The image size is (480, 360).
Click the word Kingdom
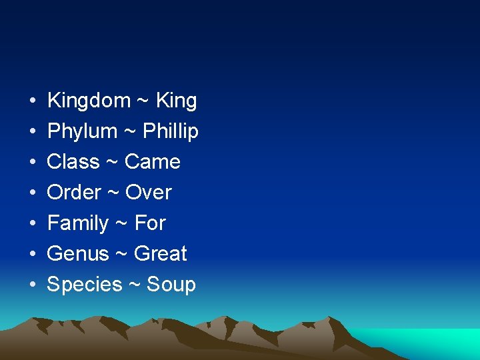click(89, 101)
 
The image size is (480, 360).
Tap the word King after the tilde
click(176, 101)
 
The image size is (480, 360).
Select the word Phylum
click(82, 131)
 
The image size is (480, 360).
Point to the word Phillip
click(170, 131)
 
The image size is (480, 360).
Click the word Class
click(73, 162)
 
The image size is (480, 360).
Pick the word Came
click(152, 162)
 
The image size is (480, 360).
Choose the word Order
click(74, 193)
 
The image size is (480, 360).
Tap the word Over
click(148, 193)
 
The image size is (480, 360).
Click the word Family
click(78, 223)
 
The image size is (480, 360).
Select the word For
click(150, 223)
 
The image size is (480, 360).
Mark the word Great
click(160, 254)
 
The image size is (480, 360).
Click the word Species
click(85, 285)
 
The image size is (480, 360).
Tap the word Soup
click(171, 285)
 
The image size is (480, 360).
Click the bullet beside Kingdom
click(33, 101)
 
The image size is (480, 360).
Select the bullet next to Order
click(33, 193)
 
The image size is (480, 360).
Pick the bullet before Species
click(33, 285)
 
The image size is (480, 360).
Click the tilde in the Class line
click(112, 162)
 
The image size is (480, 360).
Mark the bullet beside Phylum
click(33, 132)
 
